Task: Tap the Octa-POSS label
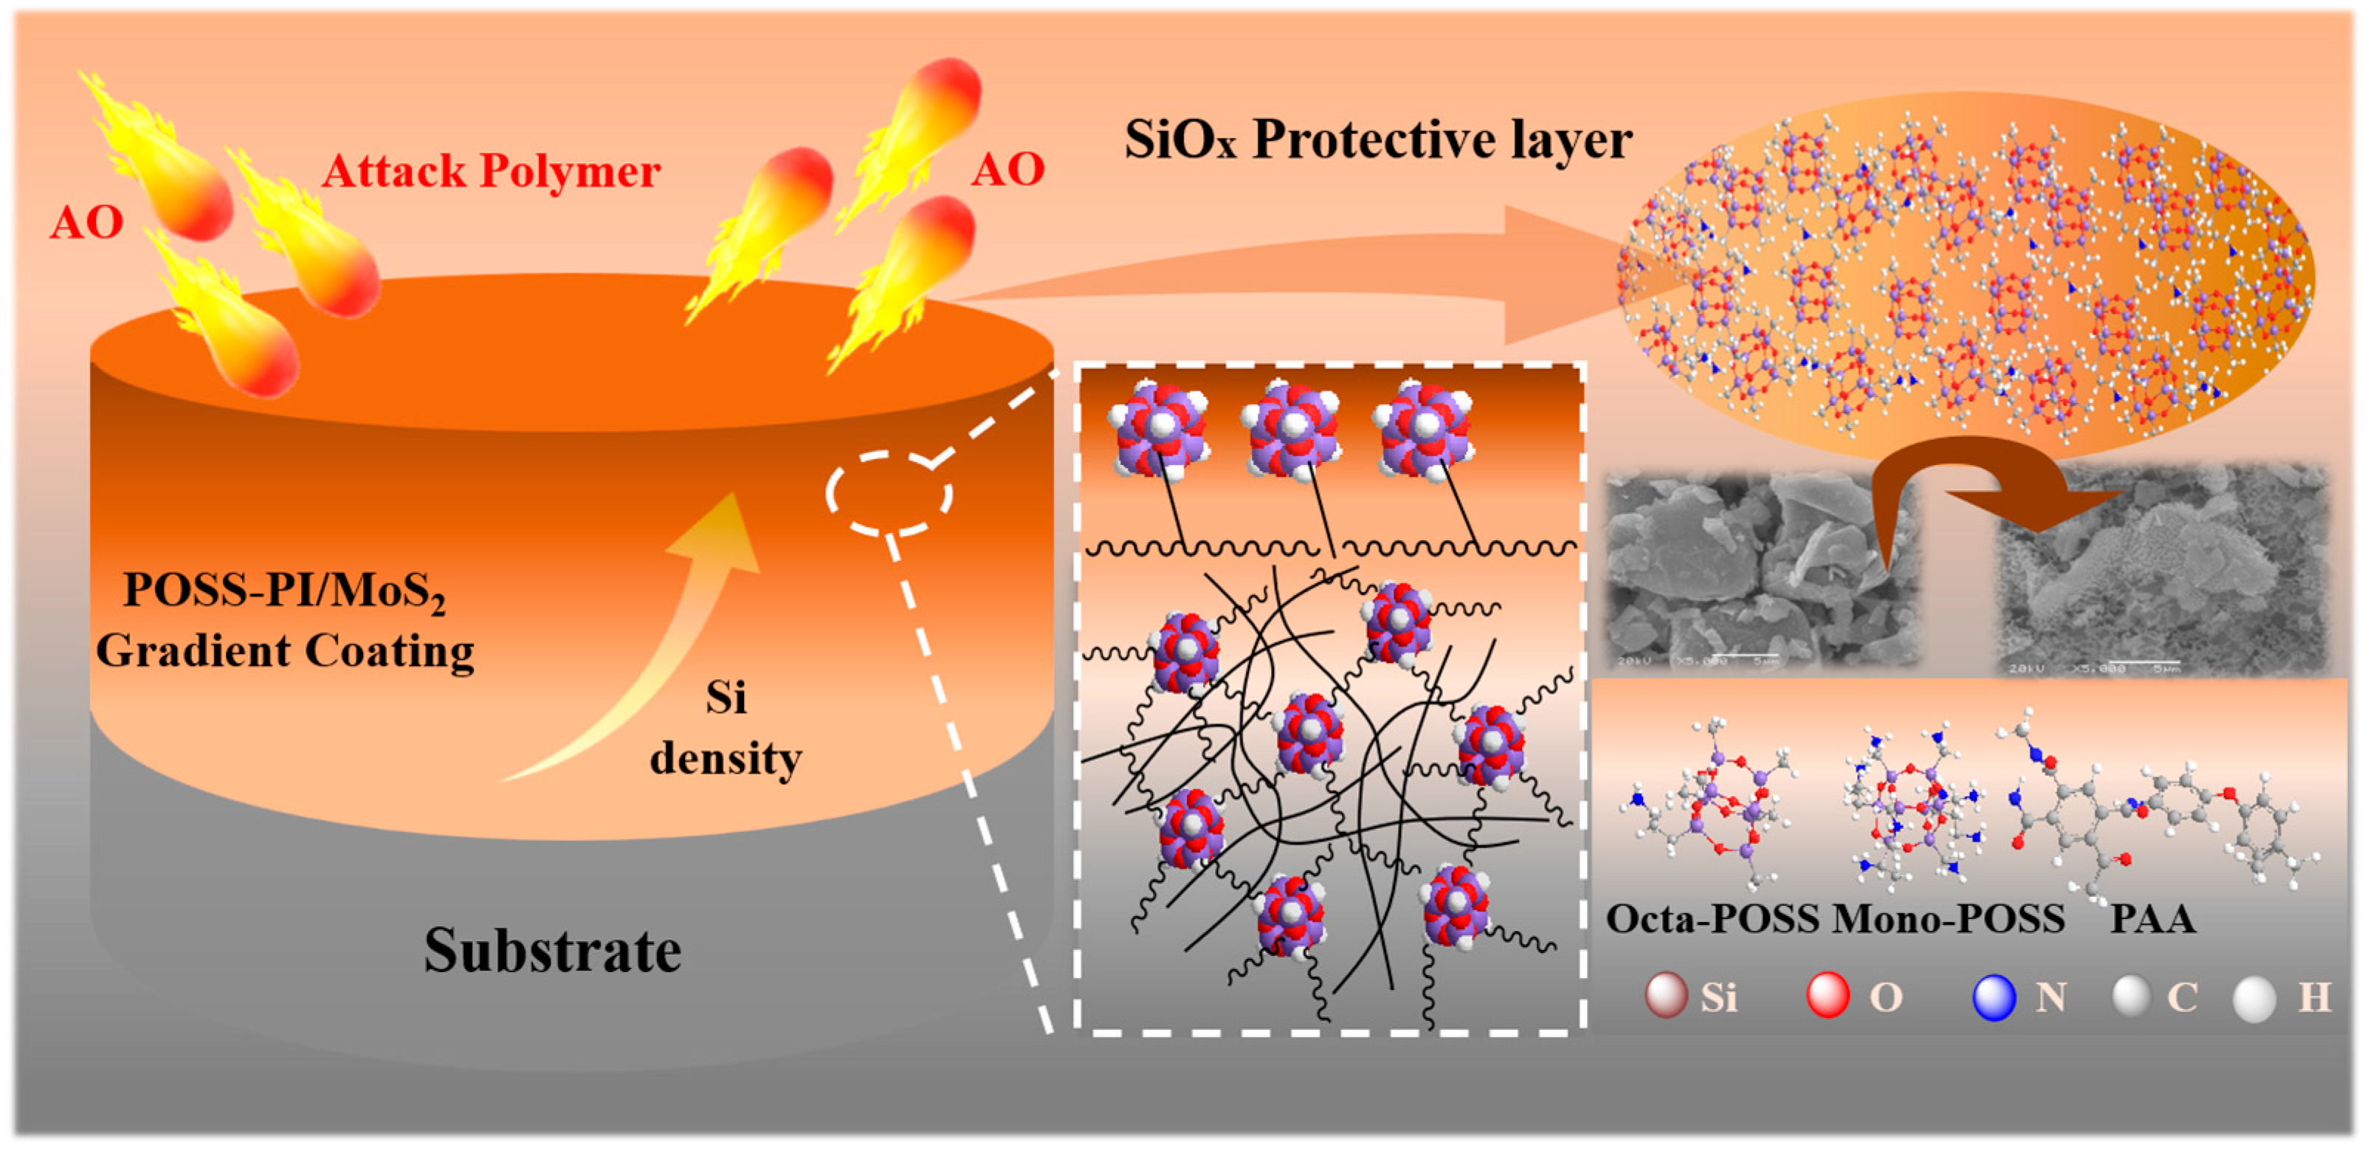point(1712,919)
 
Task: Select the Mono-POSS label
point(1949,919)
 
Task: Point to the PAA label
point(2153,919)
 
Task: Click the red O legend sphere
point(1828,996)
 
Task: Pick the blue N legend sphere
point(1994,997)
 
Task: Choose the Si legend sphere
point(1665,996)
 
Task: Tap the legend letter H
point(2315,997)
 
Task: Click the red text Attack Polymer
point(491,171)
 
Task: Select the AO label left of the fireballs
point(86,223)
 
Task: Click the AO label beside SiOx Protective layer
point(1008,170)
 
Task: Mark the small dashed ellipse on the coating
point(889,494)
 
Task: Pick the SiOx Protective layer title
point(1378,141)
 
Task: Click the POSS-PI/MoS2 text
point(285,591)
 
